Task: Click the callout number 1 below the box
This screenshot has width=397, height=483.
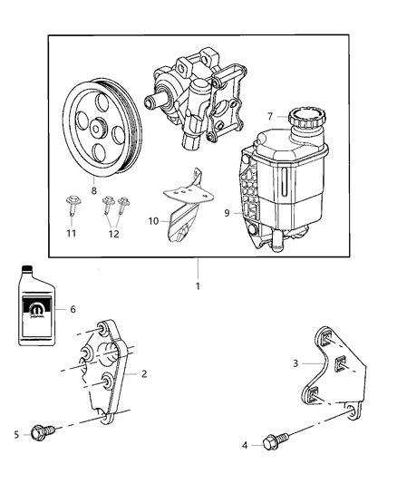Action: click(x=198, y=285)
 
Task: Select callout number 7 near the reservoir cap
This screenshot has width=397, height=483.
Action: click(x=270, y=116)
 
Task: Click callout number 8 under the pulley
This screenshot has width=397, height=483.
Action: click(x=93, y=191)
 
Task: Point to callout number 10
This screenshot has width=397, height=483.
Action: click(x=153, y=219)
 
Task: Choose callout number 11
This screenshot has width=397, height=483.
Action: click(x=70, y=233)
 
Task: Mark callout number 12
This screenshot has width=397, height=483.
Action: click(x=113, y=233)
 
